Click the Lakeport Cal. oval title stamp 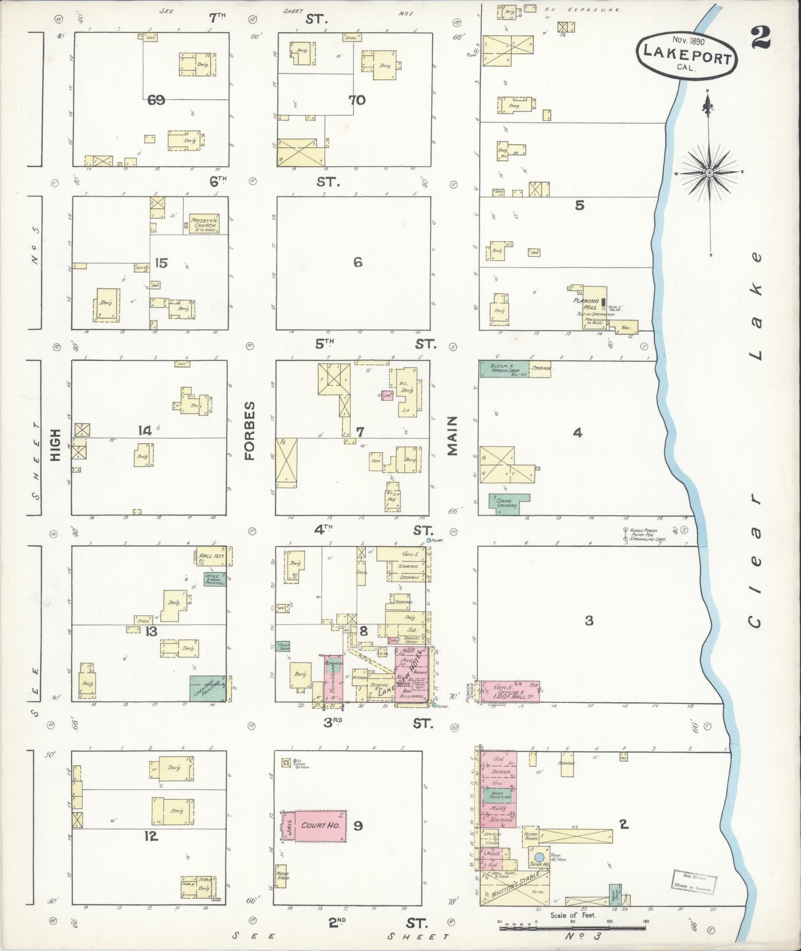coord(687,54)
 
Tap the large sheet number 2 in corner coord(760,38)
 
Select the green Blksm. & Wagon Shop coord(504,369)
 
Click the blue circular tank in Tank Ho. coord(539,858)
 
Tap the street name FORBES coord(250,431)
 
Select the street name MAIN coord(452,436)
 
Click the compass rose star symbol coord(710,173)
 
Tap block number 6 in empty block coord(358,262)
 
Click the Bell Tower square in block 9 coord(286,763)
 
